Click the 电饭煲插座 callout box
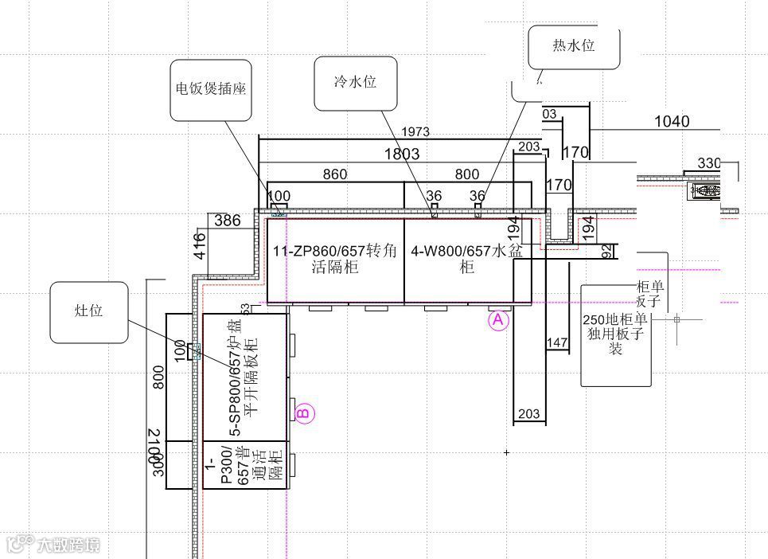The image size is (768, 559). pos(211,89)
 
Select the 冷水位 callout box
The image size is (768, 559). pos(355,83)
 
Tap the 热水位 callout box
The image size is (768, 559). pos(574,45)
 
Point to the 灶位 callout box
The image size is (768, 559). pos(89,311)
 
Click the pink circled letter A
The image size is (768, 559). pos(498,320)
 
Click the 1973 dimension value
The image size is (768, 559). pos(415,131)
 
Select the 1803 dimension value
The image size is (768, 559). pos(402,154)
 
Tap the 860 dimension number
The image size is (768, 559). pos(334,174)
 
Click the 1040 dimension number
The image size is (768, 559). pos(672,122)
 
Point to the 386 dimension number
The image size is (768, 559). pos(227,221)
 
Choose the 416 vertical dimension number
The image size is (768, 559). pos(200,245)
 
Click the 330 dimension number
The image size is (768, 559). pos(709,163)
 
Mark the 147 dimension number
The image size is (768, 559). pos(557,343)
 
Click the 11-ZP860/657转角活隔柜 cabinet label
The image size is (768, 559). pos(334,260)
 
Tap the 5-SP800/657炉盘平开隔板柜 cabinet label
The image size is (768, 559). pos(243,376)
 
